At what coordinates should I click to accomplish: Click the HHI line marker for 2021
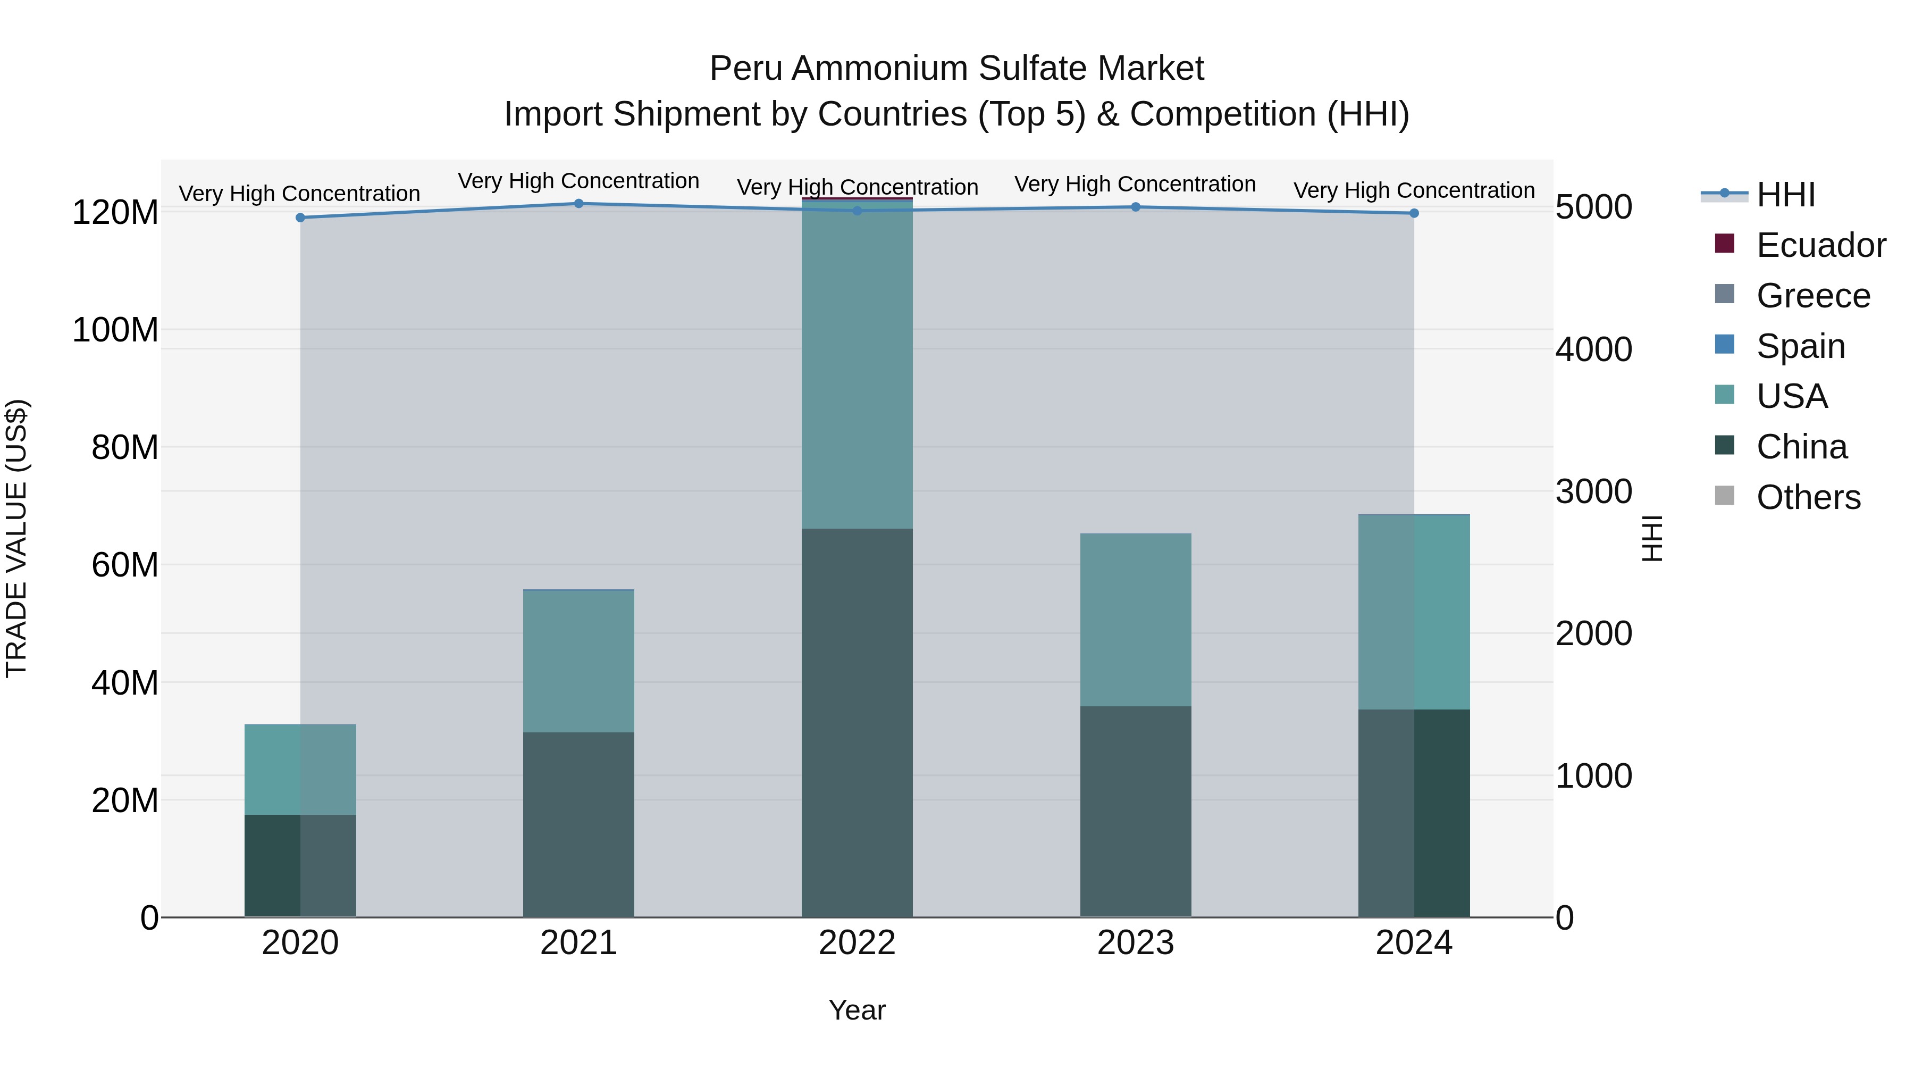(x=579, y=204)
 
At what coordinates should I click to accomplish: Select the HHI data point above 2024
(x=1414, y=213)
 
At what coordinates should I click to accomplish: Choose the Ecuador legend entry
(x=1820, y=245)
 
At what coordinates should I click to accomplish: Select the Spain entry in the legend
(x=1800, y=346)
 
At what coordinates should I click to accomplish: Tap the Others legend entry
(x=1808, y=497)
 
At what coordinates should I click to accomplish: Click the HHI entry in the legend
(x=1785, y=195)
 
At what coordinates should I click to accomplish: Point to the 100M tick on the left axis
(x=115, y=330)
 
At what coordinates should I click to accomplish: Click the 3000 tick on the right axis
(x=1594, y=492)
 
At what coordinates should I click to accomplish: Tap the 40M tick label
(x=125, y=683)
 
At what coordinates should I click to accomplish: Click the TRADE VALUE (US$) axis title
(x=16, y=538)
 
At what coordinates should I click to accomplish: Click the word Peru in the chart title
(x=745, y=69)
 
